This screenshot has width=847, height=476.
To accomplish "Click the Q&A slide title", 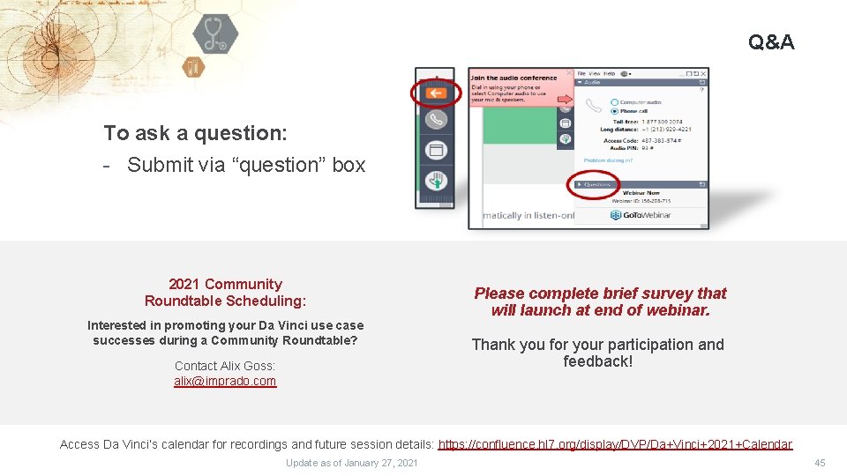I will pos(770,41).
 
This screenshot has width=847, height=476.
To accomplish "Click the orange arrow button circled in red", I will pos(435,93).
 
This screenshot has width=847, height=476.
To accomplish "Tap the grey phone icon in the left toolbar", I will pos(435,120).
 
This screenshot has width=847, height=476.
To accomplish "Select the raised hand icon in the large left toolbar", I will pos(435,181).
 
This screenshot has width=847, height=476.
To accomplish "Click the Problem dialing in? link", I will pos(608,160).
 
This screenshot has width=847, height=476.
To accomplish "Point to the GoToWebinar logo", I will pos(641,214).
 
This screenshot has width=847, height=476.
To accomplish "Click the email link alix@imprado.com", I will pos(225,382).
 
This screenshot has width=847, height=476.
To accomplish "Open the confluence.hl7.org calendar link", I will pos(615,444).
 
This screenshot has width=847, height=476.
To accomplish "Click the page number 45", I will pos(820,463).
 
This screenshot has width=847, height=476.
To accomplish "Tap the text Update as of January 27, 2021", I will pos(352,463).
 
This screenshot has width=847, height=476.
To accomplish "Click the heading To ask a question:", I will pos(195,133).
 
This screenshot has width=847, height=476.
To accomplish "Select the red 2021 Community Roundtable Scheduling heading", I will pos(225,293).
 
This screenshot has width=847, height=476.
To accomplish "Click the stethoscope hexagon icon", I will pos(214,33).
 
